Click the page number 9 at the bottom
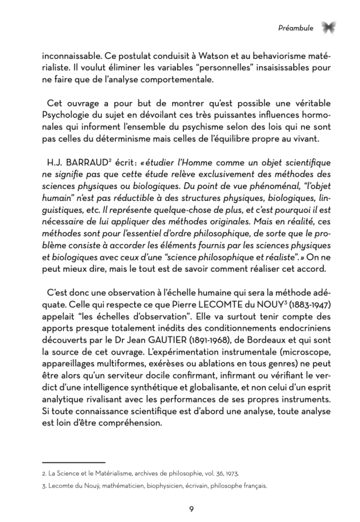pyautogui.click(x=191, y=510)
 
